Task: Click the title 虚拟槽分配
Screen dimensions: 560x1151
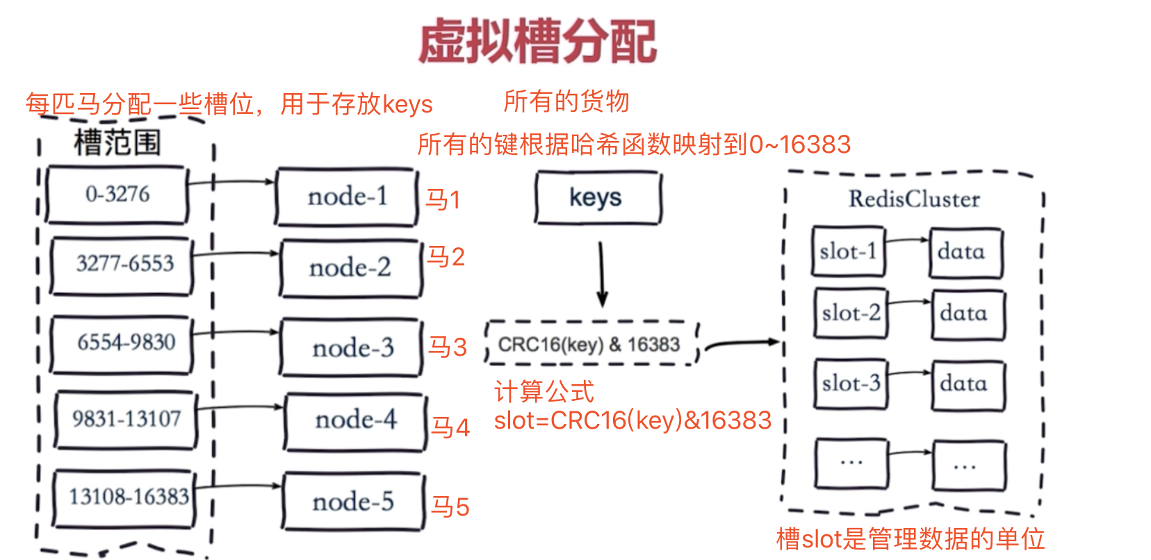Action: tap(537, 42)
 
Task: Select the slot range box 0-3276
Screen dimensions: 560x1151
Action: tap(117, 195)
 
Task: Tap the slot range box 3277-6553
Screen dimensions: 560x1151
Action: tap(123, 265)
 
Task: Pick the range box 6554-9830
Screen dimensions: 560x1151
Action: tap(124, 343)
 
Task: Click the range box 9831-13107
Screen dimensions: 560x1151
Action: tap(126, 419)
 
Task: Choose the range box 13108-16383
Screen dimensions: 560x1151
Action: tap(126, 497)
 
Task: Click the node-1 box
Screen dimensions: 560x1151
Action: tap(347, 197)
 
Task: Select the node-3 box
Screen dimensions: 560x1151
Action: tap(352, 347)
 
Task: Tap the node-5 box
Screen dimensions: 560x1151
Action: tap(353, 502)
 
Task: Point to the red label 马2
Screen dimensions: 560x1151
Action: tap(445, 257)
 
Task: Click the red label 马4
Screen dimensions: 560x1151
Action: tap(450, 427)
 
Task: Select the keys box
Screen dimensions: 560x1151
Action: tap(596, 198)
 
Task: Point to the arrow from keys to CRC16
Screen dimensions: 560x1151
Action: tap(602, 274)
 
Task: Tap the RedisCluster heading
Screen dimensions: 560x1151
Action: tap(913, 199)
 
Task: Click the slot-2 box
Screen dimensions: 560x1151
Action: tap(850, 313)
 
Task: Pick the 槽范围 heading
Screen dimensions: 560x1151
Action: tap(117, 143)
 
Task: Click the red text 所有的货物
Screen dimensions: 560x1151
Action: tap(566, 102)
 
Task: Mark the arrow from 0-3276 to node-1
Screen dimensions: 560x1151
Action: tap(231, 182)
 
